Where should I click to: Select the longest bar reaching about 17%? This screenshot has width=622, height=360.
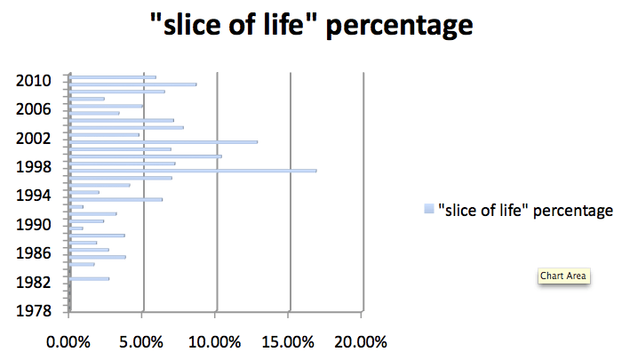(x=192, y=170)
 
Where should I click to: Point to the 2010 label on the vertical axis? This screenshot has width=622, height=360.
(x=35, y=81)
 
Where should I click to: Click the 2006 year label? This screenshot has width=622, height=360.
(x=35, y=109)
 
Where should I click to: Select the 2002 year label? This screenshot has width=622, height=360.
(x=35, y=139)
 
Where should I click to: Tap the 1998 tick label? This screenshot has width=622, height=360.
(x=35, y=167)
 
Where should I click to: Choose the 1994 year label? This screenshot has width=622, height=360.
(x=35, y=196)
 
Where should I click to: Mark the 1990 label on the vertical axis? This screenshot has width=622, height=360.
(x=35, y=225)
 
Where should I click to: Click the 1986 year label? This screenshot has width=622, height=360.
(x=35, y=253)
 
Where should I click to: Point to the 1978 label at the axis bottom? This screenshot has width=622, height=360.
(x=35, y=310)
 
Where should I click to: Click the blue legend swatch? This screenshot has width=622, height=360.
(x=428, y=210)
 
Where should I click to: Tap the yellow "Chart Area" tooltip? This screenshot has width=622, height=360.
(x=564, y=276)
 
